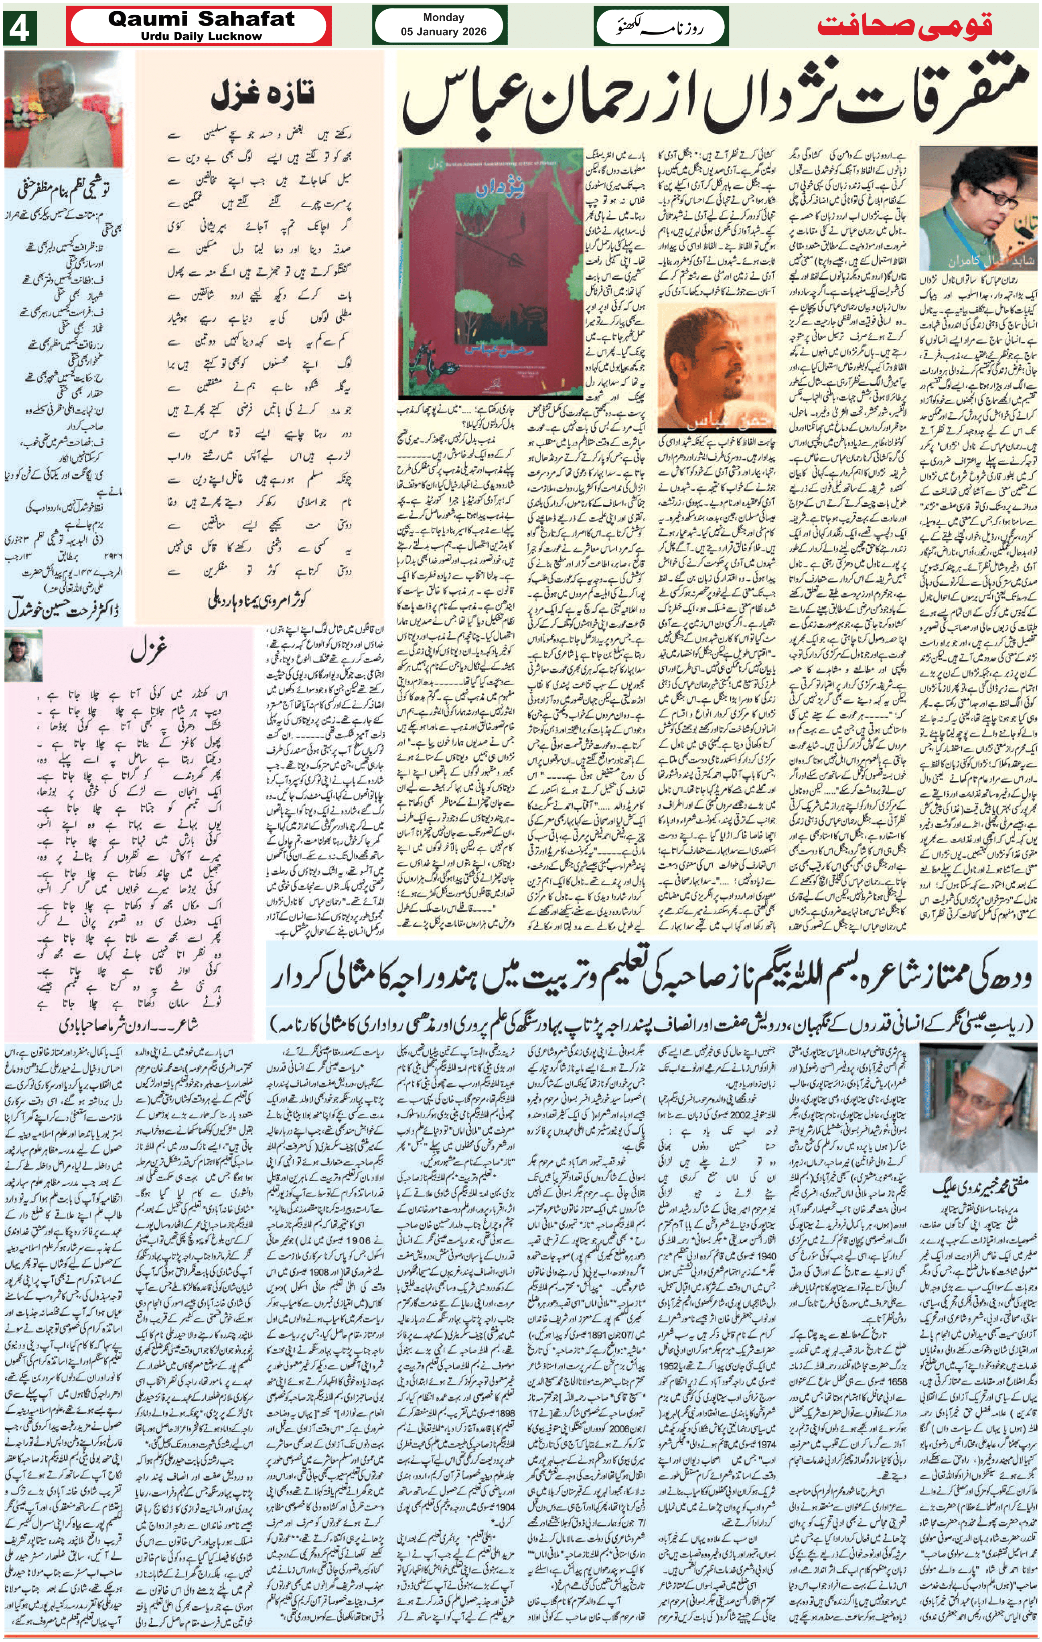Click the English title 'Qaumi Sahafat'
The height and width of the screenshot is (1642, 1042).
(201, 19)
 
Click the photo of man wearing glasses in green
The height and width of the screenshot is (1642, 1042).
(977, 208)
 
